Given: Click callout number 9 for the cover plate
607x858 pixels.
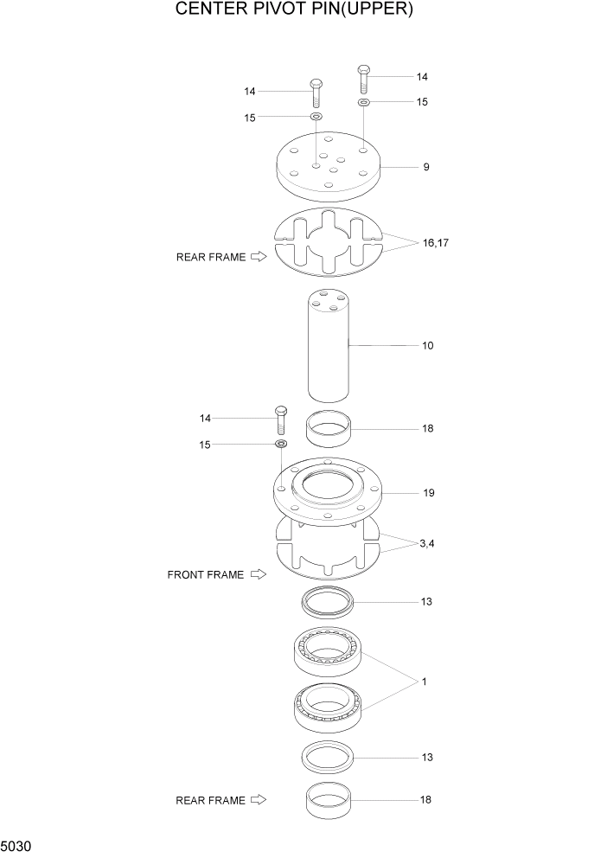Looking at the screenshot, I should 426,167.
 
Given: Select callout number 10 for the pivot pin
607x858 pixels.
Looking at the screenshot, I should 427,346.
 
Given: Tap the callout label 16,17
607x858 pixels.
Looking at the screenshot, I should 436,243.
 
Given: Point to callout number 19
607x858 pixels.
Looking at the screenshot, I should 428,493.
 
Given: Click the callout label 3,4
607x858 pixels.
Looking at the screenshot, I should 427,543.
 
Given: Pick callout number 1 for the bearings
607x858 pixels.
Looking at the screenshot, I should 425,682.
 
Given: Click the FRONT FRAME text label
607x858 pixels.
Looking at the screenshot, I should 206,574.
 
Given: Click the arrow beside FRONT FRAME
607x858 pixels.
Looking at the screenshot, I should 258,574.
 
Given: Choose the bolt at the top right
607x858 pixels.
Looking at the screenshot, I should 364,79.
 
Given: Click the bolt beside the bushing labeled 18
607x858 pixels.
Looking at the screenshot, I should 280,421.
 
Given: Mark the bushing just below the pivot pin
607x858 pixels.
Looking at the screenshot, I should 329,428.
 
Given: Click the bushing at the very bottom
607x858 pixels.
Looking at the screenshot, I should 329,800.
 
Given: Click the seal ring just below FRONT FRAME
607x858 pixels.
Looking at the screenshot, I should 327,600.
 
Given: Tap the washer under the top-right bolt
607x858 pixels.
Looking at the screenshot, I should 364,102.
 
